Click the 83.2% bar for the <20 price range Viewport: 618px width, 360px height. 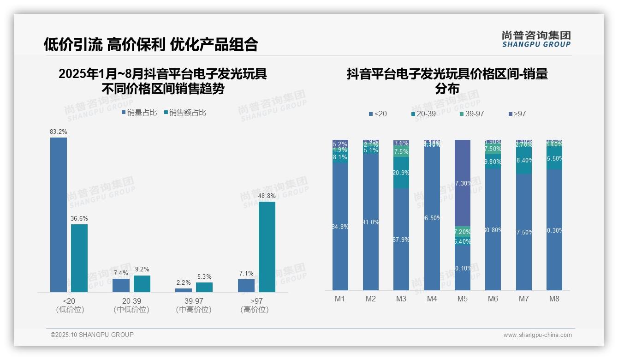point(59,215)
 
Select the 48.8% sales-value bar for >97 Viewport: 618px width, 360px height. point(267,247)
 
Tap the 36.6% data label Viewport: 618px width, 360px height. point(79,218)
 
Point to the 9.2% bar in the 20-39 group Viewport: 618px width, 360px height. point(142,284)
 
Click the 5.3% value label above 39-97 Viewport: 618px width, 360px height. point(204,276)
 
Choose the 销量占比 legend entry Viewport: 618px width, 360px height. point(139,113)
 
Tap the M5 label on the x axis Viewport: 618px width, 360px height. point(463,299)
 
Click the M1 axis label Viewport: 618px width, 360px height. point(340,299)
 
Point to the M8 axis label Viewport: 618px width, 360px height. point(554,299)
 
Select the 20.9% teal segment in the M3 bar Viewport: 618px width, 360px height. point(401,173)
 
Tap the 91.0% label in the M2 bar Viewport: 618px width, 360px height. point(371,222)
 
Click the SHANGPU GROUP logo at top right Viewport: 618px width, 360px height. point(536,39)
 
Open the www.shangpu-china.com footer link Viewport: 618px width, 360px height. point(537,335)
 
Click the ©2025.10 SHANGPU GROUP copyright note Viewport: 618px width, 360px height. point(92,335)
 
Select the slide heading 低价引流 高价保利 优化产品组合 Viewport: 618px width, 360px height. point(151,44)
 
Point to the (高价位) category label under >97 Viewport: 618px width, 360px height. point(254,310)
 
